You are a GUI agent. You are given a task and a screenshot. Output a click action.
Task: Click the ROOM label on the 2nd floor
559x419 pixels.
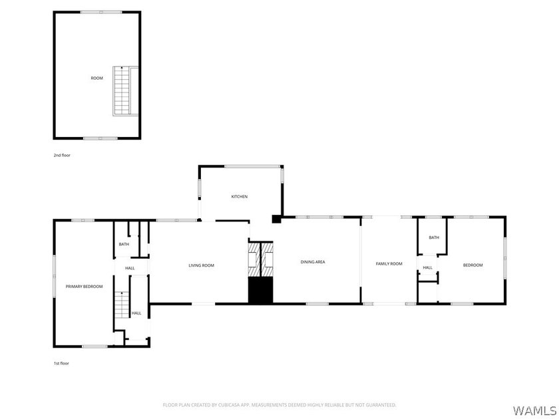point(96,78)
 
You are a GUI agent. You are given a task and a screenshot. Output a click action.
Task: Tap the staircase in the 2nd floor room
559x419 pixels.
point(122,91)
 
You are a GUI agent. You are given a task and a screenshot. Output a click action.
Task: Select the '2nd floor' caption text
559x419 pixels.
point(62,156)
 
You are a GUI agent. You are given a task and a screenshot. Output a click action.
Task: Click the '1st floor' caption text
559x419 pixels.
point(61,363)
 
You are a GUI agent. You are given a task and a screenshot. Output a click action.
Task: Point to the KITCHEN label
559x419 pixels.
point(239,197)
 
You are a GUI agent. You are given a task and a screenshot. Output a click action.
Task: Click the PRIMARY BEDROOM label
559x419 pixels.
point(84,287)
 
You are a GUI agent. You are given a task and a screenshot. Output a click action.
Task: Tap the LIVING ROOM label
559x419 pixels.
point(202,265)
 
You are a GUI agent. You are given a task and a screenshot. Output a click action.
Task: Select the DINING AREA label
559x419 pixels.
point(313,262)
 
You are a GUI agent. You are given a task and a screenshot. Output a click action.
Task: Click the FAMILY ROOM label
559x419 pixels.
point(389,263)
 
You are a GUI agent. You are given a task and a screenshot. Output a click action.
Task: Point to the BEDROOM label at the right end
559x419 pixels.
point(472,265)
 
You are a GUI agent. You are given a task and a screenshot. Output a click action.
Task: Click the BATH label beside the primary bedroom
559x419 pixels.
point(124,245)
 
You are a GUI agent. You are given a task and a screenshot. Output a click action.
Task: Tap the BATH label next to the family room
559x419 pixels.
point(434,237)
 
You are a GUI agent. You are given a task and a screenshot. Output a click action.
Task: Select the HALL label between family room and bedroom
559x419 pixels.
point(428,267)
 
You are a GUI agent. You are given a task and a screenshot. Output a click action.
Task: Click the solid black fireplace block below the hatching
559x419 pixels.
point(260,291)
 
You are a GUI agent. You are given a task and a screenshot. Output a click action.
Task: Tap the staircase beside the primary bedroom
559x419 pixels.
point(122,305)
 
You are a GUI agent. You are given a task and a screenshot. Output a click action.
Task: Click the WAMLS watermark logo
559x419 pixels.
point(534,410)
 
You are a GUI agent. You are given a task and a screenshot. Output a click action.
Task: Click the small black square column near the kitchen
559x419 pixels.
point(276,219)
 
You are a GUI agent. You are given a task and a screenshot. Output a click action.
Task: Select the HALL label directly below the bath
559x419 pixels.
point(130,268)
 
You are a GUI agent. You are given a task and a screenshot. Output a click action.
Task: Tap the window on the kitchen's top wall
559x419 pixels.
point(252,166)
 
